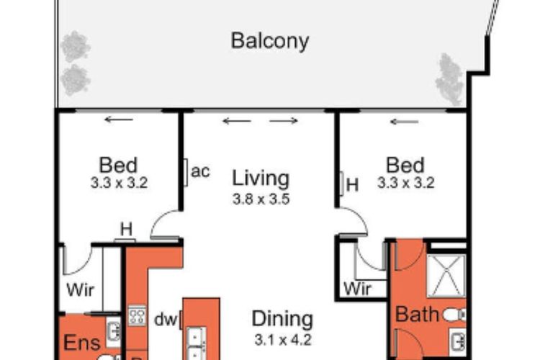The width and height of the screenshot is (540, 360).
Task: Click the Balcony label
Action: [270, 40]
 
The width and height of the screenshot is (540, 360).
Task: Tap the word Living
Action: [260, 178]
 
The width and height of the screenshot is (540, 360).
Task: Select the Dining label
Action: [282, 319]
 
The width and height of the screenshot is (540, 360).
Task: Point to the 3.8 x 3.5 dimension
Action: [261, 199]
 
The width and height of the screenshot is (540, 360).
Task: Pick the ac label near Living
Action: [201, 172]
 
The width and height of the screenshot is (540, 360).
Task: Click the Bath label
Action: [417, 315]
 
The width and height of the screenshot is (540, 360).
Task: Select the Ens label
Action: [82, 342]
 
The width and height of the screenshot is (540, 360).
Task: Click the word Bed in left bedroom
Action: [119, 165]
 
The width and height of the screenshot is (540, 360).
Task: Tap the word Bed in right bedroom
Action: [405, 165]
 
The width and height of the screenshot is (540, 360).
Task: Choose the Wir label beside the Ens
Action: [81, 292]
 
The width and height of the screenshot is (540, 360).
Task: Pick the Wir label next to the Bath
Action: [358, 289]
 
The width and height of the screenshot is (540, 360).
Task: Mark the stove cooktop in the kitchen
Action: [137, 316]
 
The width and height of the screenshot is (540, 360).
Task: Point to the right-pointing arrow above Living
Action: [284, 121]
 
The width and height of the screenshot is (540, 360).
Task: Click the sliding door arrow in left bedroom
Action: [119, 120]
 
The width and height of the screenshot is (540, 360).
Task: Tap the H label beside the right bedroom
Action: [352, 185]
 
